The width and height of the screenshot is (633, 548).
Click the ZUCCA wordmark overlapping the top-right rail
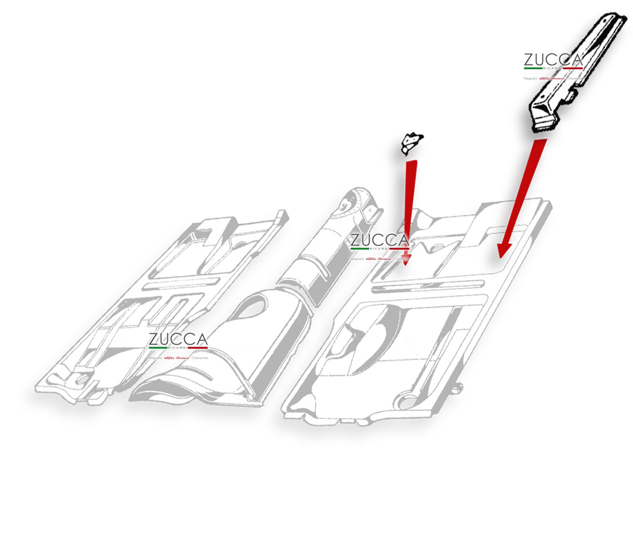553,60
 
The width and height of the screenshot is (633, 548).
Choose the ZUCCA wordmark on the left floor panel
178,339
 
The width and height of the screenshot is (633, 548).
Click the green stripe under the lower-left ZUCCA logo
158,348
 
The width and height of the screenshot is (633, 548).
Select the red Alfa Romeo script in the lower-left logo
177,358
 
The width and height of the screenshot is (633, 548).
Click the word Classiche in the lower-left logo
200,358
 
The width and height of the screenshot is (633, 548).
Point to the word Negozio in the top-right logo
530,78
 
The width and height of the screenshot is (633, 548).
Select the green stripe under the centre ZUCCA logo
360,249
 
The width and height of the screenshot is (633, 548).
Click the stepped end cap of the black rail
542,118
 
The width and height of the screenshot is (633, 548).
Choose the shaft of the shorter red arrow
409,202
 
